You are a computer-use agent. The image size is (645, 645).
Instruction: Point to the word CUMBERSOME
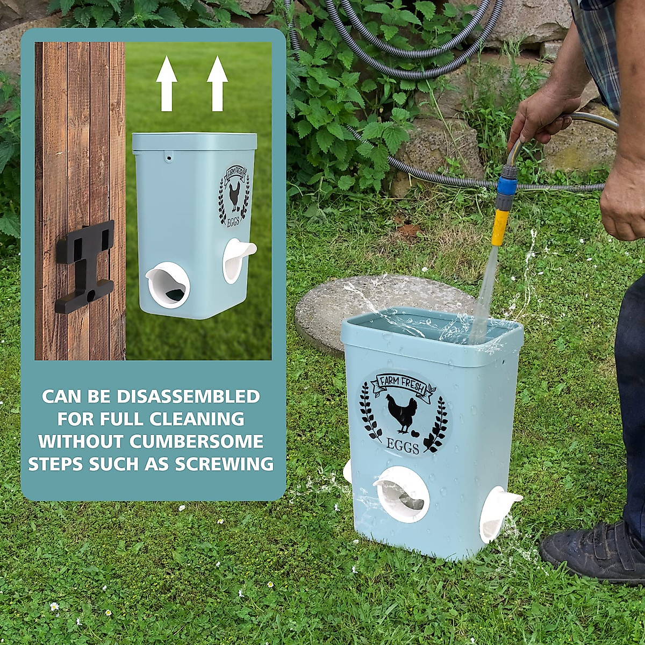click(x=196, y=441)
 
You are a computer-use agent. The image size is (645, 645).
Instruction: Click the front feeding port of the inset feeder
click(x=168, y=285)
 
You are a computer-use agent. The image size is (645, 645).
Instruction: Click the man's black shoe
click(x=591, y=554)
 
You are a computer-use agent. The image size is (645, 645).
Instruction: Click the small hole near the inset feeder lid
click(x=169, y=159)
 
